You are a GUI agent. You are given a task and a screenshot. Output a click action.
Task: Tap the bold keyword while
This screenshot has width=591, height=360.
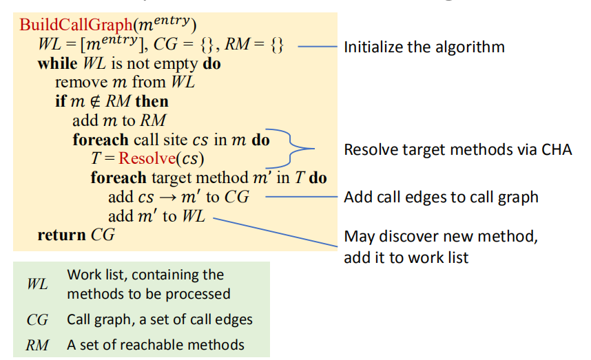57,65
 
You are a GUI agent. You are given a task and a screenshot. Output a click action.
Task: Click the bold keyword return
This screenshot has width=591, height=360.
62,235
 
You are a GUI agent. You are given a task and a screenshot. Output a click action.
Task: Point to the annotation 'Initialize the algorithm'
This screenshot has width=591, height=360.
424,47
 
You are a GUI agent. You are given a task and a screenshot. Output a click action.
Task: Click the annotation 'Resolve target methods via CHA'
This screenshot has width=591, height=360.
457,150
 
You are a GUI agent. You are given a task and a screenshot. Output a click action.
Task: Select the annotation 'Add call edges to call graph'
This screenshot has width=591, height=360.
441,198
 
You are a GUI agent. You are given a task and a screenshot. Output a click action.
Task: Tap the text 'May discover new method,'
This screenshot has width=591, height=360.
441,237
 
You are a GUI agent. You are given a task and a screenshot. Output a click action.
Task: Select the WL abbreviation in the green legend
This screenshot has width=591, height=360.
37,284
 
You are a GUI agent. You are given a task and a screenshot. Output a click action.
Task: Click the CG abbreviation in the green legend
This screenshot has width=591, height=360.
37,320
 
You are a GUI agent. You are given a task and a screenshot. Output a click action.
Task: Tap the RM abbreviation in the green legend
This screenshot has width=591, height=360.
37,346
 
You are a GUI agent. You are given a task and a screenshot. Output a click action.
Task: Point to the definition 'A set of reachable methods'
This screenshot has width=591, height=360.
155,346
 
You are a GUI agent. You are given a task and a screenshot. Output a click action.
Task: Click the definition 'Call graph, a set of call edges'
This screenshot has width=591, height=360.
160,320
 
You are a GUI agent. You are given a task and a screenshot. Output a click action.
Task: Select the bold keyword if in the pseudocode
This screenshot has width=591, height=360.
60,102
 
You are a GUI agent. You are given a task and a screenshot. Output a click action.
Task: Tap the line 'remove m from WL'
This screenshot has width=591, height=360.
125,83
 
